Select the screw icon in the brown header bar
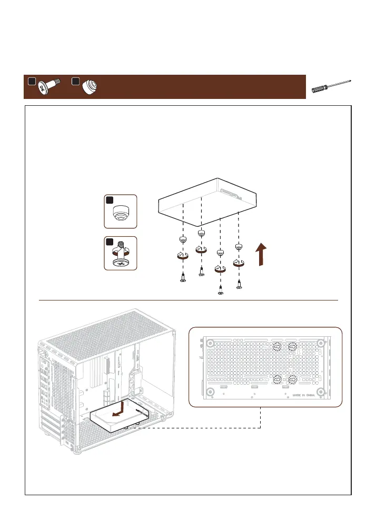click(50, 87)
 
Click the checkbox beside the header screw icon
click(32, 82)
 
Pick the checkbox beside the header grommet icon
click(75, 82)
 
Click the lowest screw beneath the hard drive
click(221, 290)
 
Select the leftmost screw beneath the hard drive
click(182, 278)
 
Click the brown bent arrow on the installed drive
click(121, 411)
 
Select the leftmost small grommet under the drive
click(182, 241)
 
